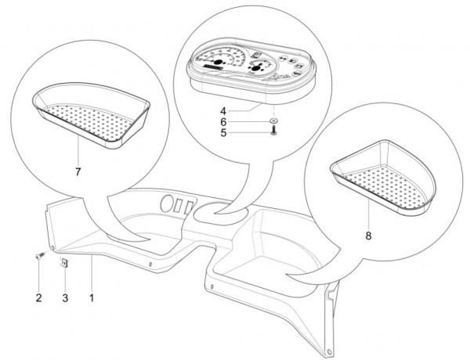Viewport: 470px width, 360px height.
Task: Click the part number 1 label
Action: pyautogui.click(x=92, y=298)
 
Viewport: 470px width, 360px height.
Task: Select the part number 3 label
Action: pyautogui.click(x=65, y=298)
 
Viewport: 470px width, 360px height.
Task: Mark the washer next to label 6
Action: pyautogui.click(x=273, y=121)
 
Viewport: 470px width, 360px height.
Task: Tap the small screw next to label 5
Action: pyautogui.click(x=273, y=133)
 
